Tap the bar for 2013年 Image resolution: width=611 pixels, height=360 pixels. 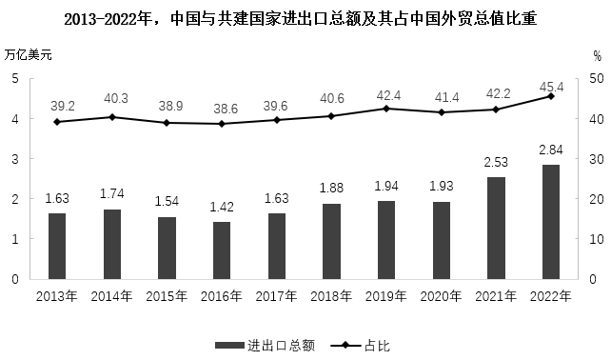pos(57,246)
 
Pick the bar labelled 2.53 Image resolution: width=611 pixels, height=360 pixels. pos(496,228)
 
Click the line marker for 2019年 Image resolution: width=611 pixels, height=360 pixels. pos(386,109)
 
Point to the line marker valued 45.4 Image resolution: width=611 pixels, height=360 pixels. pos(550,96)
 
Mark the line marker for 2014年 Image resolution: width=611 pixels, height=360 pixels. pos(112,117)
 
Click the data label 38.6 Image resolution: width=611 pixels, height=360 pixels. pos(222,110)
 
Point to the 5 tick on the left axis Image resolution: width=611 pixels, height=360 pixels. pos(16,78)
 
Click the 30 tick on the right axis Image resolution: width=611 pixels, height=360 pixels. pos(596,159)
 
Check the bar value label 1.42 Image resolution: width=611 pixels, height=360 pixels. pos(222,207)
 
